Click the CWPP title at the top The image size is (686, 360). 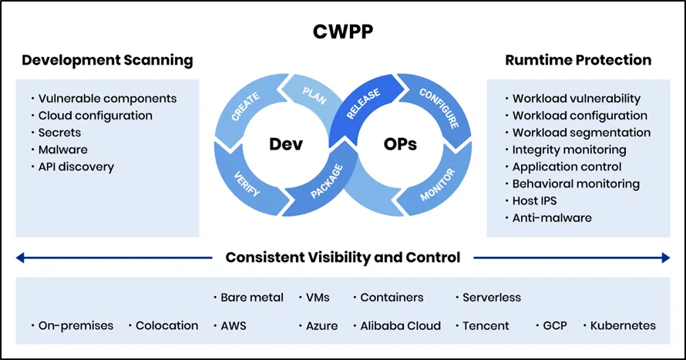[343, 32]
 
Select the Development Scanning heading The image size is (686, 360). [107, 60]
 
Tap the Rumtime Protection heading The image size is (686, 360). [577, 60]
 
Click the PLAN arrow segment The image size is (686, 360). [314, 99]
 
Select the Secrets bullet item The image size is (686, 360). [59, 133]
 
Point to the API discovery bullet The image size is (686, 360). [76, 167]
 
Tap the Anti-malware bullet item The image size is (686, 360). [552, 217]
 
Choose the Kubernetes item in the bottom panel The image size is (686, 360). [623, 325]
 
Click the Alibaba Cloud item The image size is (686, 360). [400, 325]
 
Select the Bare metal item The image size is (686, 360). [251, 297]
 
